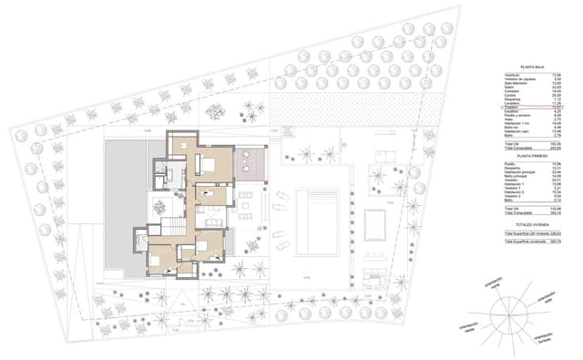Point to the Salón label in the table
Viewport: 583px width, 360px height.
click(509, 87)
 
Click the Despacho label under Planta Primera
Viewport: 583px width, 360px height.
click(512, 168)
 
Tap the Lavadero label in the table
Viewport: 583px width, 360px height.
click(512, 104)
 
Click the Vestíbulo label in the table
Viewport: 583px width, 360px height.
click(512, 76)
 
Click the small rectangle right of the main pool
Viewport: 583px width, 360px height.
click(373, 221)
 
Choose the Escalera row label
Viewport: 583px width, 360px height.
click(511, 112)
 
